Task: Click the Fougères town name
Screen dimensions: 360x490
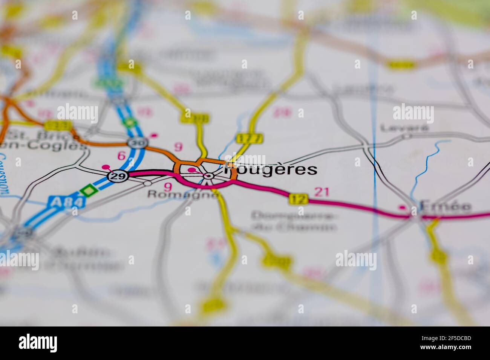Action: click(271, 169)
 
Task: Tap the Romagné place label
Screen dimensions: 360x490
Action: click(183, 194)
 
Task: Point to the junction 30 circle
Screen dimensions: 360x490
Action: click(133, 143)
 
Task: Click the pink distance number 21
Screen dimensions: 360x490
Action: click(322, 192)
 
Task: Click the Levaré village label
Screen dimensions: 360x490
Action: click(404, 128)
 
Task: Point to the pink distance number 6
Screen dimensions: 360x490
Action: click(121, 156)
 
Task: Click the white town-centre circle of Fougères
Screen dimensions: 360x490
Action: click(208, 176)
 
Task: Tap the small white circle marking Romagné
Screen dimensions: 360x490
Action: click(147, 183)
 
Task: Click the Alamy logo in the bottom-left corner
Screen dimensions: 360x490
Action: click(38, 343)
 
